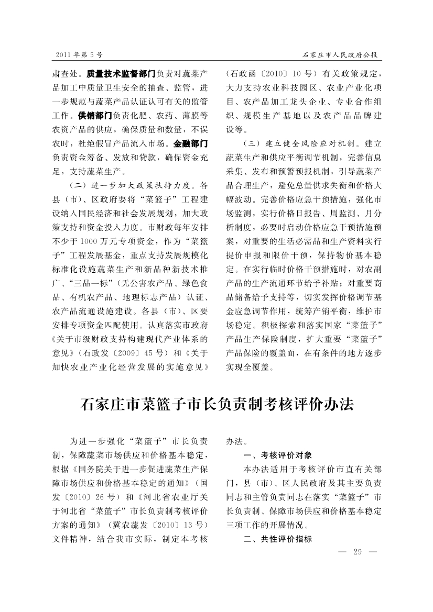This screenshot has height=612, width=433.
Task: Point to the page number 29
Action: tap(359, 551)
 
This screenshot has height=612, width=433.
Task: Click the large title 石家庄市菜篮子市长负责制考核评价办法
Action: tap(216, 405)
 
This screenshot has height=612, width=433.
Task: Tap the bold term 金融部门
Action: tap(192, 142)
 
